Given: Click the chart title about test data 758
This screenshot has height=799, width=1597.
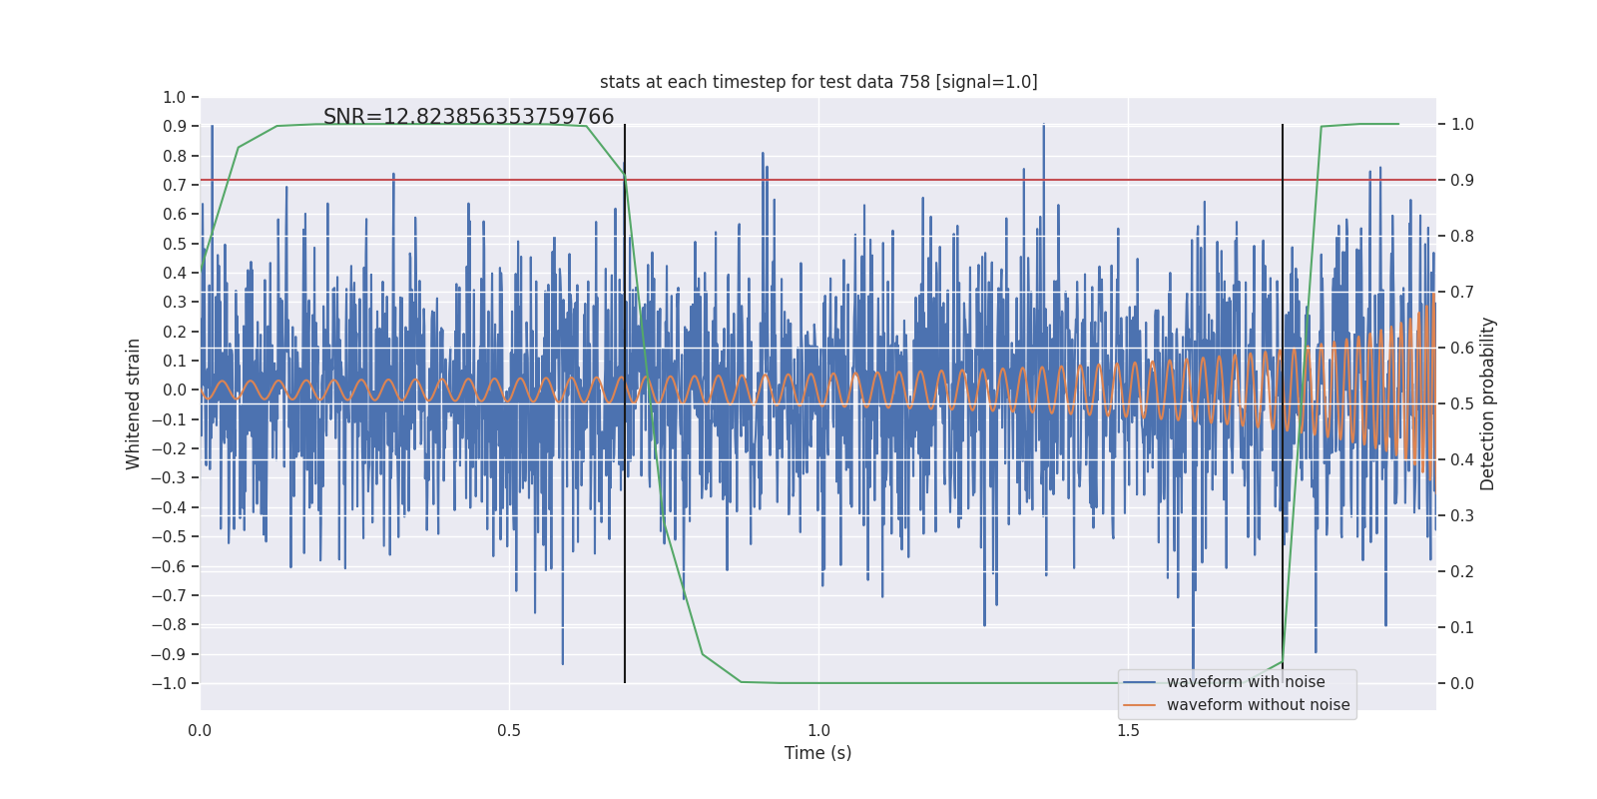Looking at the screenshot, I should click(x=818, y=82).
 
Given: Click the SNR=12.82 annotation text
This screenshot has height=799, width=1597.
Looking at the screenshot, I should click(x=468, y=117).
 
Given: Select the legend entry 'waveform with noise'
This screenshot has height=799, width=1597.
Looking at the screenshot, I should click(x=1245, y=682).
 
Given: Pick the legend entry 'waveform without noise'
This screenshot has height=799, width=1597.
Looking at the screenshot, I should click(x=1257, y=705).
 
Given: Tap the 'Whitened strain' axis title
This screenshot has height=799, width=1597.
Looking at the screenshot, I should click(x=134, y=403).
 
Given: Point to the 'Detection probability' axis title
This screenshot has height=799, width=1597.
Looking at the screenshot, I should click(x=1488, y=403).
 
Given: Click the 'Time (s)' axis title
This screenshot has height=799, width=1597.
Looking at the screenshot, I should click(x=817, y=753).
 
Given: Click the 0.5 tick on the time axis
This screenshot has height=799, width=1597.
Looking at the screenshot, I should click(x=509, y=730).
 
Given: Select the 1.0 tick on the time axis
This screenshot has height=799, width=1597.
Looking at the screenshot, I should click(x=818, y=730).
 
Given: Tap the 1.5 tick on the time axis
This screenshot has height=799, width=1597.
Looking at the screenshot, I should click(x=1128, y=730).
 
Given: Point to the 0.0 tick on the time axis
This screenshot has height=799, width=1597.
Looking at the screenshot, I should click(x=200, y=730).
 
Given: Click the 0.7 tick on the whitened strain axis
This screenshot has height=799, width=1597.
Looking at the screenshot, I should click(x=175, y=185).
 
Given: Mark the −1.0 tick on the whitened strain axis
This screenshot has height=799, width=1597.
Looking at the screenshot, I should click(x=169, y=683).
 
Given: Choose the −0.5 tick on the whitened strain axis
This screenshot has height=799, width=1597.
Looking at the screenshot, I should click(x=169, y=536).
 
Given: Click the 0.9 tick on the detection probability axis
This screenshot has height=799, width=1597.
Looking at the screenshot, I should click(x=1462, y=180).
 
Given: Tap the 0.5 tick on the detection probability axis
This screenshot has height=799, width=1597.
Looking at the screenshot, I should click(x=1462, y=403).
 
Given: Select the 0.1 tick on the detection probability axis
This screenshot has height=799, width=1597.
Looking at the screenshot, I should click(x=1462, y=627).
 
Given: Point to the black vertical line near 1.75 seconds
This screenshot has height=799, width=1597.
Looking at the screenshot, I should click(x=1283, y=250).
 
